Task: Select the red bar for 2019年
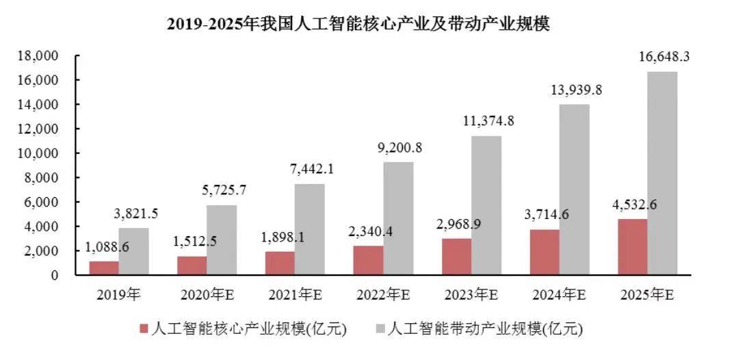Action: click(104, 268)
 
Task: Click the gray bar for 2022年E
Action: click(397, 218)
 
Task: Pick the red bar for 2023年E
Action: click(456, 257)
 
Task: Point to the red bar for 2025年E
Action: click(632, 247)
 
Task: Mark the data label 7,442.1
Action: click(310, 168)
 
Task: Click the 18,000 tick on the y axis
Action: click(38, 55)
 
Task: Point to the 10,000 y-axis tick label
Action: click(38, 153)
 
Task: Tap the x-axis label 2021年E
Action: click(295, 295)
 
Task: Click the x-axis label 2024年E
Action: click(559, 295)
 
